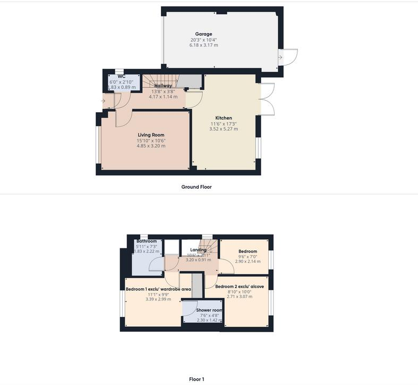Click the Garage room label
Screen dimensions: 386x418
203,34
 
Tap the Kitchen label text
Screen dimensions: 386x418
224,118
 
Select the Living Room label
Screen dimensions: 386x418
151,135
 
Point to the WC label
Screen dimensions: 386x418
122,77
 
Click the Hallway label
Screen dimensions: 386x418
163,86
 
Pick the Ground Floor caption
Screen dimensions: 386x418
197,187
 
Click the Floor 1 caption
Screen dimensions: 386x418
197,379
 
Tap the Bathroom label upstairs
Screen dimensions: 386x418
146,241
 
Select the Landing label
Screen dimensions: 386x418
198,250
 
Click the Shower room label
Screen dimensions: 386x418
209,310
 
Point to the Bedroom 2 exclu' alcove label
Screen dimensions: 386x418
239,287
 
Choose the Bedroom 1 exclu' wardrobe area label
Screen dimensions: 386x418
158,289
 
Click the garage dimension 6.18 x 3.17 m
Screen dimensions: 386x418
203,45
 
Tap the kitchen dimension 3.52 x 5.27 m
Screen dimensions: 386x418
224,129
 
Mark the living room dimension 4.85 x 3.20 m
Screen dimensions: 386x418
151,146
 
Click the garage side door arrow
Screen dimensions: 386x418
280,56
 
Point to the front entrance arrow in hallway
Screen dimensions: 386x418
104,100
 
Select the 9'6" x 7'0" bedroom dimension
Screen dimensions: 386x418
248,257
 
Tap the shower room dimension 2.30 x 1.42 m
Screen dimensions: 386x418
209,320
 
